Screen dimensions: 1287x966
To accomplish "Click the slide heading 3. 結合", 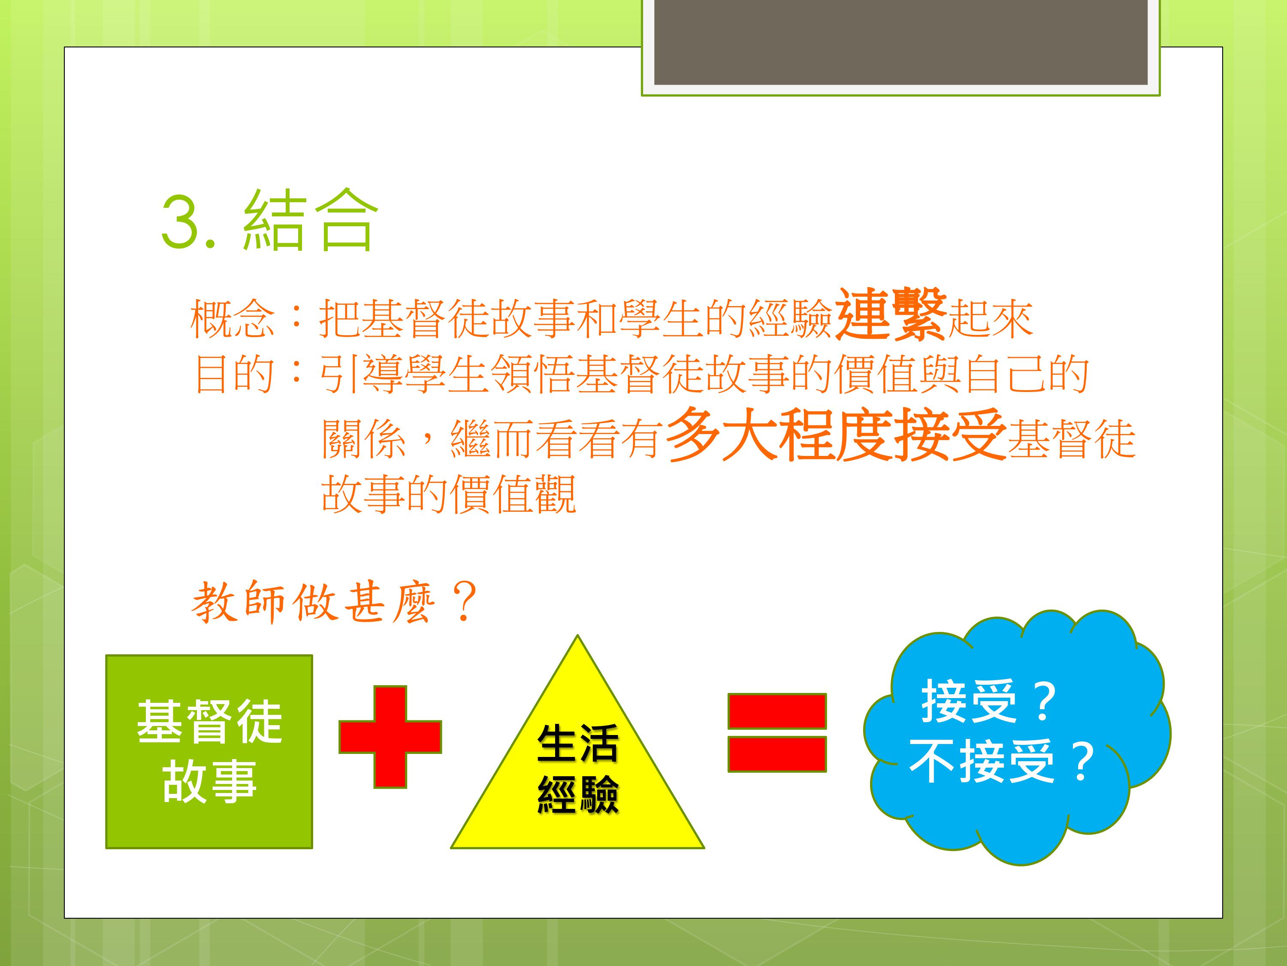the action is [269, 221].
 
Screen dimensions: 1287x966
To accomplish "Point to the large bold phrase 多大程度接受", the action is [836, 435].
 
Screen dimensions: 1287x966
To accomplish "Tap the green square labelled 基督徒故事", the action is [209, 752].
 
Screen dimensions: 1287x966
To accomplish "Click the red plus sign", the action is [390, 737].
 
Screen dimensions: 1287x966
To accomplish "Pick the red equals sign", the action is [777, 732].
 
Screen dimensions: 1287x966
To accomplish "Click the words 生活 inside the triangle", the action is [577, 744].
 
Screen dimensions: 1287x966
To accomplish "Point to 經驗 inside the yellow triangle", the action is [577, 794].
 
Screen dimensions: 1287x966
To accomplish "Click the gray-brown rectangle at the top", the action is [900, 42].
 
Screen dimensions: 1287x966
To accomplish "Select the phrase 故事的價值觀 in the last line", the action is [449, 494].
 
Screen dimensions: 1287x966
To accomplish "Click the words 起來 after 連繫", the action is [990, 319].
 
